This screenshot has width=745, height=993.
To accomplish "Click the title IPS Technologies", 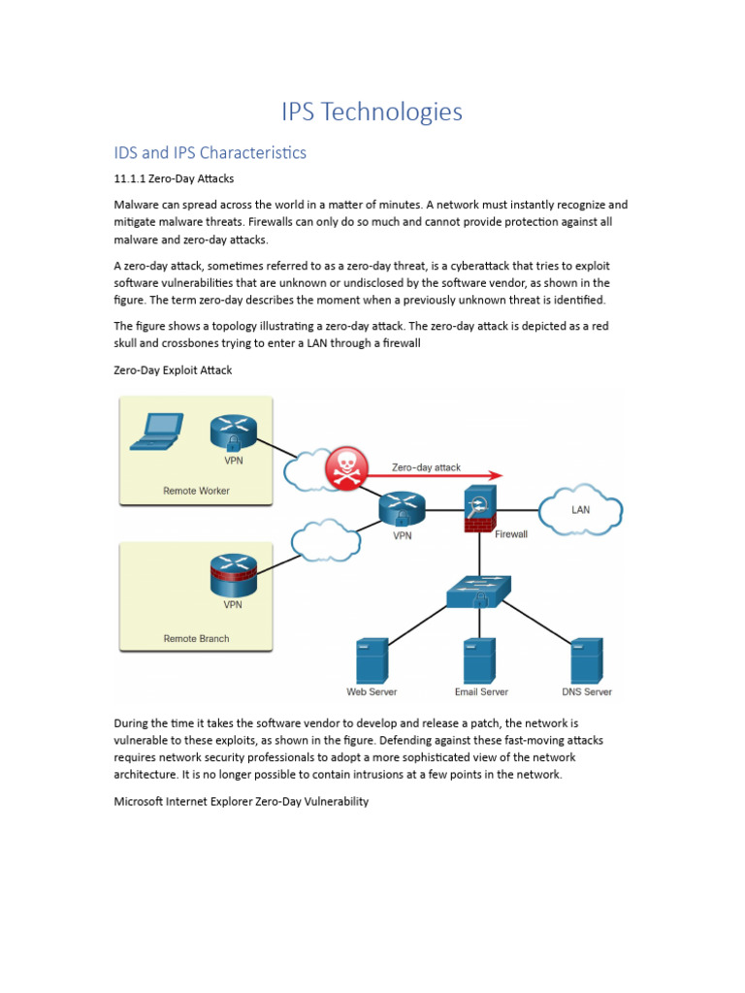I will click(372, 112).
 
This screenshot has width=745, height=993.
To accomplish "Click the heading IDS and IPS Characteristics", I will click(211, 152).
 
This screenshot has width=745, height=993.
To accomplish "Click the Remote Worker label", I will click(196, 491).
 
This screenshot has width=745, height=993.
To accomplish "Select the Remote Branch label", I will click(196, 639).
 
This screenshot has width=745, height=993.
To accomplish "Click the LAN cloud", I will click(580, 509).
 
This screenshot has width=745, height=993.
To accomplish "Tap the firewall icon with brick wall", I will click(479, 510).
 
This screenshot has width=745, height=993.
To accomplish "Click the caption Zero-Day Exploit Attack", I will click(173, 370).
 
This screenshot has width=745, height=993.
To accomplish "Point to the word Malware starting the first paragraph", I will click(140, 206).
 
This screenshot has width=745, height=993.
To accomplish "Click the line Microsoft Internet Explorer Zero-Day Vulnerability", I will click(241, 802).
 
